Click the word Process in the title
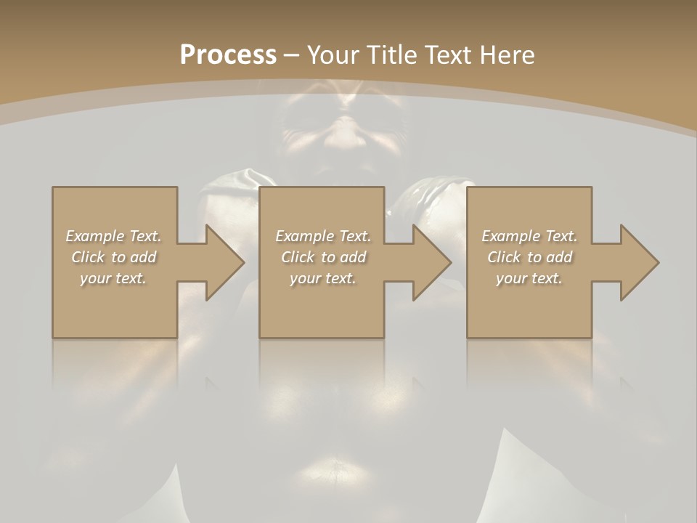pyautogui.click(x=228, y=55)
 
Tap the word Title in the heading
pyautogui.click(x=388, y=55)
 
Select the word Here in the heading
pyautogui.click(x=509, y=55)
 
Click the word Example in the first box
pyautogui.click(x=94, y=236)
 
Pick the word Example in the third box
pyautogui.click(x=510, y=236)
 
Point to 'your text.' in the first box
pyautogui.click(x=113, y=278)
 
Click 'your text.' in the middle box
pyautogui.click(x=323, y=278)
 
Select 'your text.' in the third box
pyautogui.click(x=529, y=278)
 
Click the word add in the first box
pyautogui.click(x=144, y=257)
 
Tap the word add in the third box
pyautogui.click(x=560, y=257)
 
